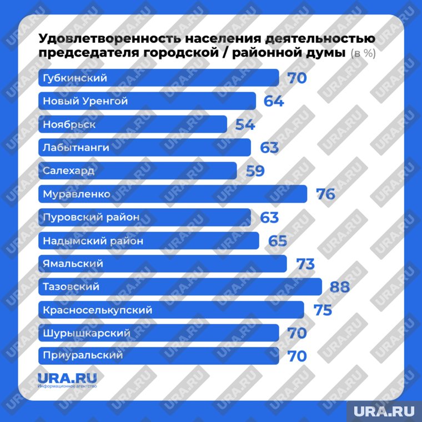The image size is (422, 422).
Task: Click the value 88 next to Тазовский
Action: (339, 287)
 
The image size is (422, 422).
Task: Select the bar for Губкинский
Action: (159, 78)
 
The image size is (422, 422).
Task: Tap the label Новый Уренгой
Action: (86, 101)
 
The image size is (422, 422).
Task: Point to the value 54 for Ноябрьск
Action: (245, 124)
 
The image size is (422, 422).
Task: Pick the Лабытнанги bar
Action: (144, 148)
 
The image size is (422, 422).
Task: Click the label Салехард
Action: (69, 170)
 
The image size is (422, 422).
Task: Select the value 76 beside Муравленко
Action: (325, 194)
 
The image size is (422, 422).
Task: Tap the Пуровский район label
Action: (91, 217)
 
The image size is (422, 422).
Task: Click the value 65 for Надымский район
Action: (277, 241)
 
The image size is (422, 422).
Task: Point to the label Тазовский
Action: (71, 287)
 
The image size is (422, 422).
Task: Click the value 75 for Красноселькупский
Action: (323, 310)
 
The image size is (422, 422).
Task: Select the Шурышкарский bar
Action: (159, 333)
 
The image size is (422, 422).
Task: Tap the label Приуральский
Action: (83, 355)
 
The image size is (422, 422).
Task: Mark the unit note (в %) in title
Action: (363, 54)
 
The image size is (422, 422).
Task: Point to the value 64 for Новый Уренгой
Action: (274, 101)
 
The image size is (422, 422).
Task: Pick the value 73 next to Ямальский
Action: (305, 264)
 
